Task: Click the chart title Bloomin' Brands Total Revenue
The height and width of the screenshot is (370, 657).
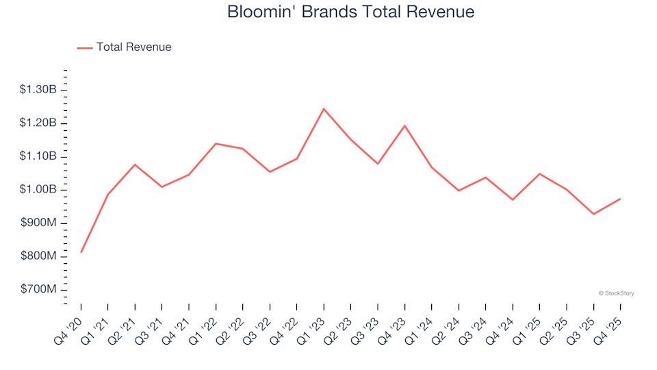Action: click(350, 12)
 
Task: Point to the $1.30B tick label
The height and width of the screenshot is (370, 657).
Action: click(38, 90)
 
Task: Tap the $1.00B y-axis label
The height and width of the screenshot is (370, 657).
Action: click(38, 190)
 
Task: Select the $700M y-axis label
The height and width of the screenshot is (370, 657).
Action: click(38, 290)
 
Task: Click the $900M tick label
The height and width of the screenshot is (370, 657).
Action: click(38, 223)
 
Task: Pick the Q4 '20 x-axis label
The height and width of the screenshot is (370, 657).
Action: click(72, 321)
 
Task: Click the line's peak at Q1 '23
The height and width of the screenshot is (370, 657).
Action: click(324, 109)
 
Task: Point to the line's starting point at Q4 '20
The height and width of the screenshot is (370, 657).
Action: click(81, 252)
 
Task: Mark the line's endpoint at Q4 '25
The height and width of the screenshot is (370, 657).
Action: click(620, 199)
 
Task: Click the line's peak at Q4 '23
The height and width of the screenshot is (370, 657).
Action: click(404, 126)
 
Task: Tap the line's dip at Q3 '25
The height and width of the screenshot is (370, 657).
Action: click(593, 214)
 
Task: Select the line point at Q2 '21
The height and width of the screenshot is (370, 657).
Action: click(135, 164)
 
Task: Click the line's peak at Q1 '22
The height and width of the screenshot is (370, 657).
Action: click(216, 144)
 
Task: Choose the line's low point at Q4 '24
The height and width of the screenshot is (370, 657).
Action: click(513, 199)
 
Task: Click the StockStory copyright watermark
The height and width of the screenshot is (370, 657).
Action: click(616, 293)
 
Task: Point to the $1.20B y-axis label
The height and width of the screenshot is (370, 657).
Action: click(38, 123)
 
